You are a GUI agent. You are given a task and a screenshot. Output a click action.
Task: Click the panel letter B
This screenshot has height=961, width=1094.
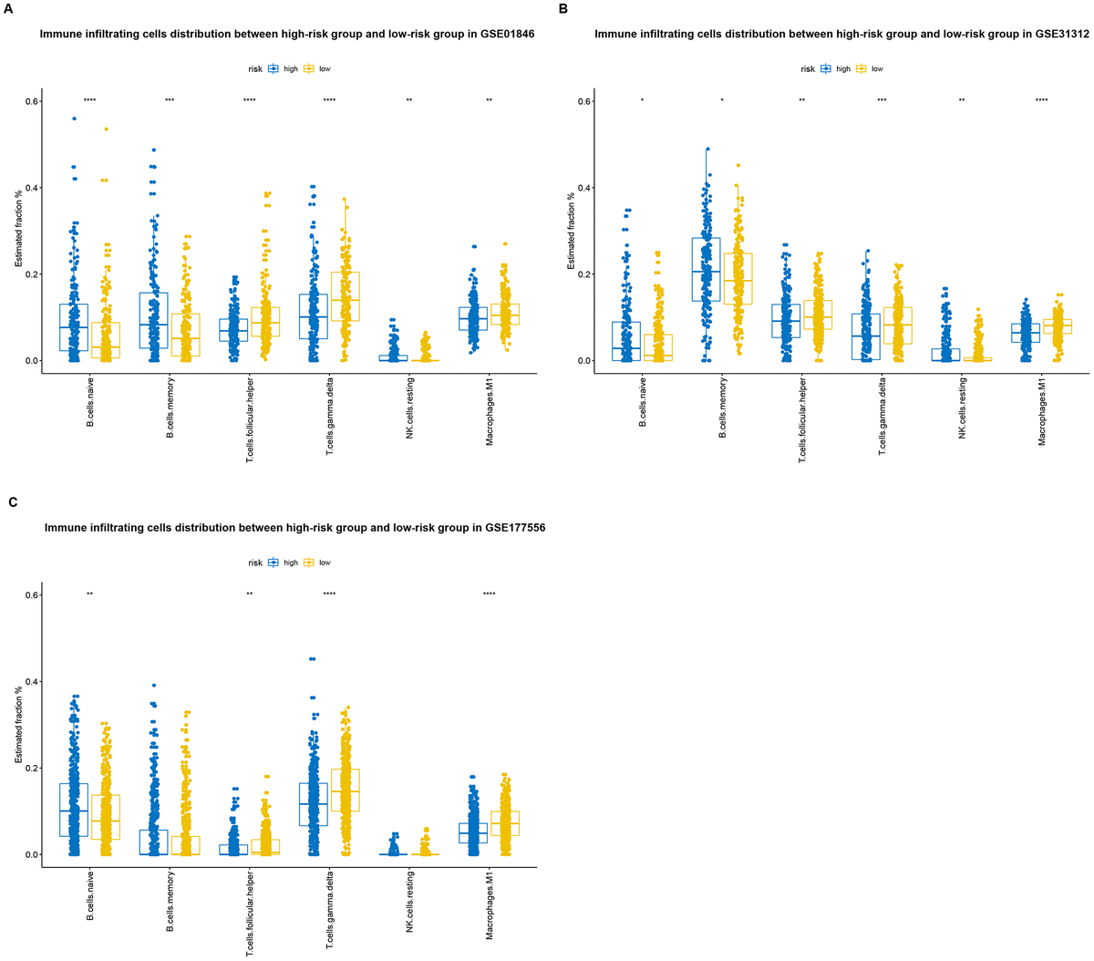tap(562, 8)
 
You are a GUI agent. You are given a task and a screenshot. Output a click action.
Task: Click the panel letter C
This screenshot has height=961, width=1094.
tap(11, 502)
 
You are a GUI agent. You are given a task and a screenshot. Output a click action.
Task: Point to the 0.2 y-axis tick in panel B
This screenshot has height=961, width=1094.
tap(583, 274)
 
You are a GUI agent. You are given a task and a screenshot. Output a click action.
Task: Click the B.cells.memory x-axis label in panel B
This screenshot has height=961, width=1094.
tap(722, 408)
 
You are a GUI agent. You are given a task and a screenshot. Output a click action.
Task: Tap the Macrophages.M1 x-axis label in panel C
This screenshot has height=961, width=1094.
tap(490, 901)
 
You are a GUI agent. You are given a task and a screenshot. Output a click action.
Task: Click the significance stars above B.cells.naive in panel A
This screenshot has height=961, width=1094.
tap(89, 101)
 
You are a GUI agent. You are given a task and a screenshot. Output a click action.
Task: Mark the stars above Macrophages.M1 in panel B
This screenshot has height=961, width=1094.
tap(1041, 101)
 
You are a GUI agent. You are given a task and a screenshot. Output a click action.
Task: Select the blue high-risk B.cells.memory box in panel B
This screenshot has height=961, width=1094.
tap(706, 270)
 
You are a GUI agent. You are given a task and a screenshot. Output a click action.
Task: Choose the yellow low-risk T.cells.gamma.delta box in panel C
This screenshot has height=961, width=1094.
tap(345, 790)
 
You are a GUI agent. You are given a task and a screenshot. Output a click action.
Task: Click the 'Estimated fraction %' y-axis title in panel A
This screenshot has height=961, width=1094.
tap(18, 231)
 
